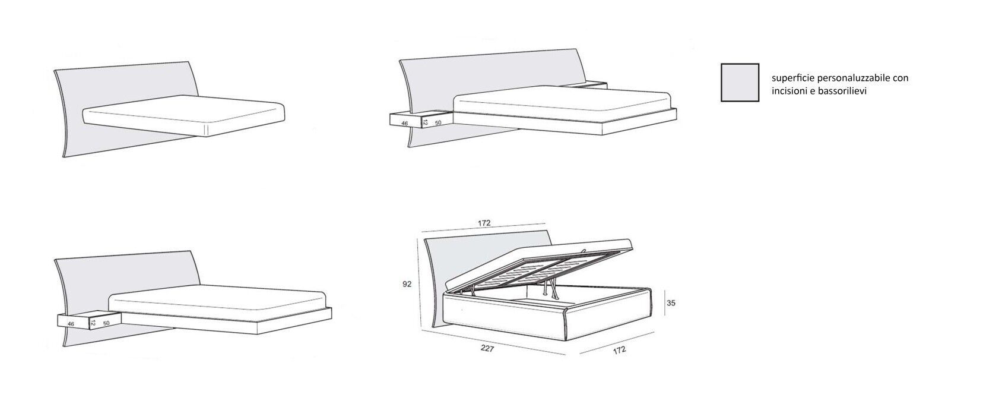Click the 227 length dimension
pos(487,349)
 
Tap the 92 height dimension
pos(407,285)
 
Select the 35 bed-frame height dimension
pos(671,302)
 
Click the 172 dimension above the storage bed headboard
pos(484,223)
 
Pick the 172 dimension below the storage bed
pos(619,350)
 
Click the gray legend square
pos(740,83)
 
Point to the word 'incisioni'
pos(788,91)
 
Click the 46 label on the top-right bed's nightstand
pos(405,124)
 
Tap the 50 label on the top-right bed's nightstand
pos(439,123)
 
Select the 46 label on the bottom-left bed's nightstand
pos(71,324)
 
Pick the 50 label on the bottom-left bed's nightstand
pos(106,324)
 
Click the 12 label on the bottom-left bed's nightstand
pos(93,323)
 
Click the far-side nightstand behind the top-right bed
pos(588,85)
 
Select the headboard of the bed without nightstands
pos(119,89)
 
